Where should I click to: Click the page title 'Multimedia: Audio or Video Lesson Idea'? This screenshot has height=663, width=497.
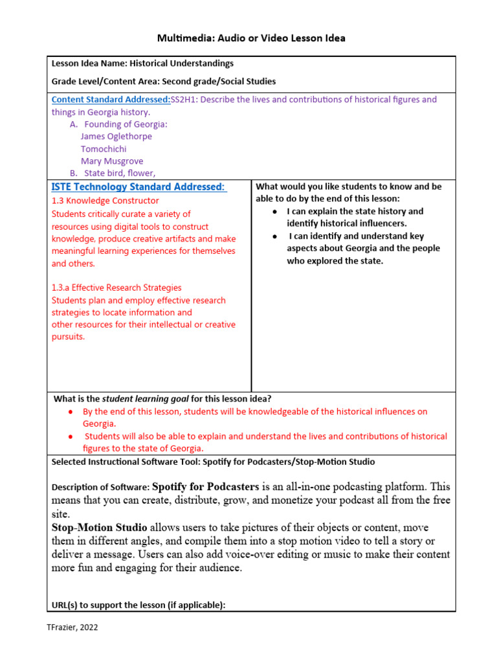pos(251,38)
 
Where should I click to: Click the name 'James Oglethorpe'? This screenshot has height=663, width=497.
pos(116,136)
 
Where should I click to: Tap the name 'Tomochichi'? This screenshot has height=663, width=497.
pos(104,149)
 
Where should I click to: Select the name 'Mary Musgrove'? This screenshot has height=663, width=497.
pos(112,161)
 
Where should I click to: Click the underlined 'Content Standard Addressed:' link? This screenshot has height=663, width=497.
pos(111,100)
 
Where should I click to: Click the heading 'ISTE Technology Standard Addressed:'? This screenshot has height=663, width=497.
pos(138,187)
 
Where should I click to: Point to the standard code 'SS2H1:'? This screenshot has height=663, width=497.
pos(186,100)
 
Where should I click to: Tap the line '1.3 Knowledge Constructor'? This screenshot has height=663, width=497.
pos(105,201)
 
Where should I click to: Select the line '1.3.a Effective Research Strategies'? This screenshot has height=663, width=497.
pos(116,287)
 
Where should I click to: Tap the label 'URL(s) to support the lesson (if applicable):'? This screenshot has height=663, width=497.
pos(138,605)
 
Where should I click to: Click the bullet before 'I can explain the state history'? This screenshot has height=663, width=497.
pos(275,212)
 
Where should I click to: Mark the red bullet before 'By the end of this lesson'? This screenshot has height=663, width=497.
pos(71,412)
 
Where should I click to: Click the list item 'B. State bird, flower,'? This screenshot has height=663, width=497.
pos(113,173)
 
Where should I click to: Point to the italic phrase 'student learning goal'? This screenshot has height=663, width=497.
pos(145,399)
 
